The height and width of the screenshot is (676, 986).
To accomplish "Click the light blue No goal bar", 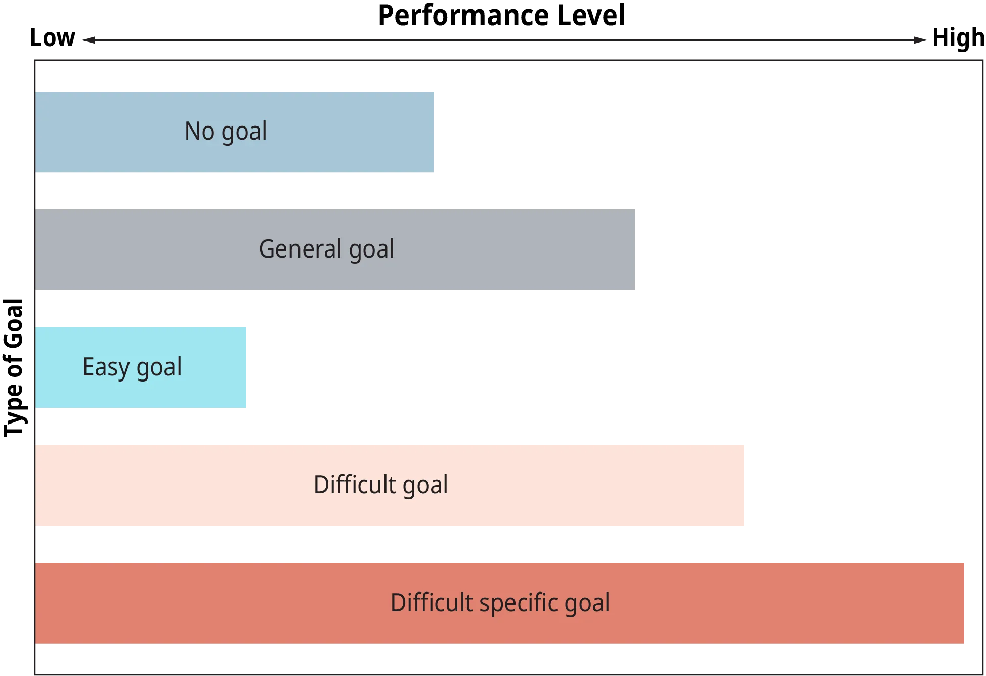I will [x=236, y=132].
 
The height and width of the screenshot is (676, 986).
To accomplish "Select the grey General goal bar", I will [x=335, y=249].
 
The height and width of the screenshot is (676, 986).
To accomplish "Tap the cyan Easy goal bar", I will [x=141, y=367].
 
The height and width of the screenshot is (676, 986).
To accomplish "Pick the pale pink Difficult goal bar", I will [x=390, y=484].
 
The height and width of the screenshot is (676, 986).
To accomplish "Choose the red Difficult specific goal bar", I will [x=501, y=603].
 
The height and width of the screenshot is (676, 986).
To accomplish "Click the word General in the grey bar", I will [x=301, y=249].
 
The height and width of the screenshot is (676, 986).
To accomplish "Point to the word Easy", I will [x=106, y=367].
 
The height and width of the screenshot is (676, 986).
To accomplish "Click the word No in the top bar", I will [x=199, y=131].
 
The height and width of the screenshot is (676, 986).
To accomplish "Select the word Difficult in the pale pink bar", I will [x=354, y=484].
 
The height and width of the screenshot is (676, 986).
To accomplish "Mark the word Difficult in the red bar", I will [x=432, y=602].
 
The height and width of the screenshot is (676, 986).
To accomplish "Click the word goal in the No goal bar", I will [x=244, y=132].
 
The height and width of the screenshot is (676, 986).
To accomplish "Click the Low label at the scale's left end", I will [x=52, y=36].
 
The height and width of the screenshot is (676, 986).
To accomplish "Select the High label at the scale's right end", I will [x=957, y=37].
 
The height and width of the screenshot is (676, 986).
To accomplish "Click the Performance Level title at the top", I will [x=501, y=16].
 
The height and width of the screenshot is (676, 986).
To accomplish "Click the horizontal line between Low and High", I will [x=503, y=40].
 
